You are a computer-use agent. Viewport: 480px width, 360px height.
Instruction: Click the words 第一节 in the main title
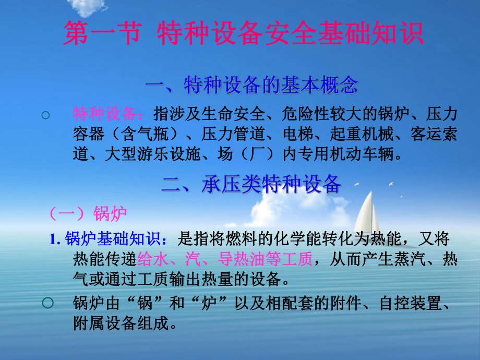click(x=102, y=34)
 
